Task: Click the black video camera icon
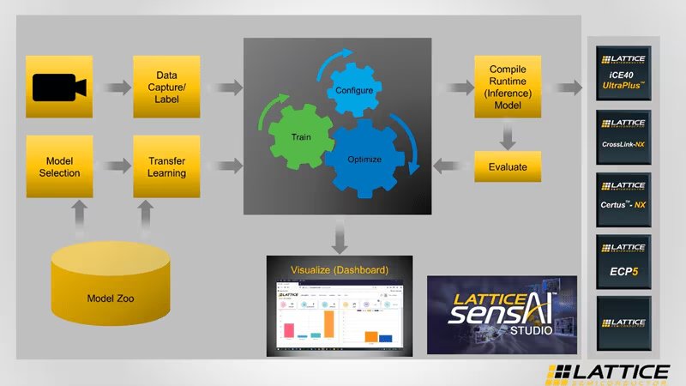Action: (59, 87)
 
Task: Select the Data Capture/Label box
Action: (166, 87)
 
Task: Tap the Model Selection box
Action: (59, 166)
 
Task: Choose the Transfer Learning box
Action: (166, 166)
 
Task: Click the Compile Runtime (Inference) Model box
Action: (508, 87)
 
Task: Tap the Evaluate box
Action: (508, 166)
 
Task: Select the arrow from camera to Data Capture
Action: (112, 87)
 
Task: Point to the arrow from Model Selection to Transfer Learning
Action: (112, 166)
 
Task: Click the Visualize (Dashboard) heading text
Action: (339, 269)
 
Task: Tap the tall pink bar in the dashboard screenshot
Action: (288, 329)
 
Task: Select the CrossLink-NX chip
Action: (623, 137)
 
